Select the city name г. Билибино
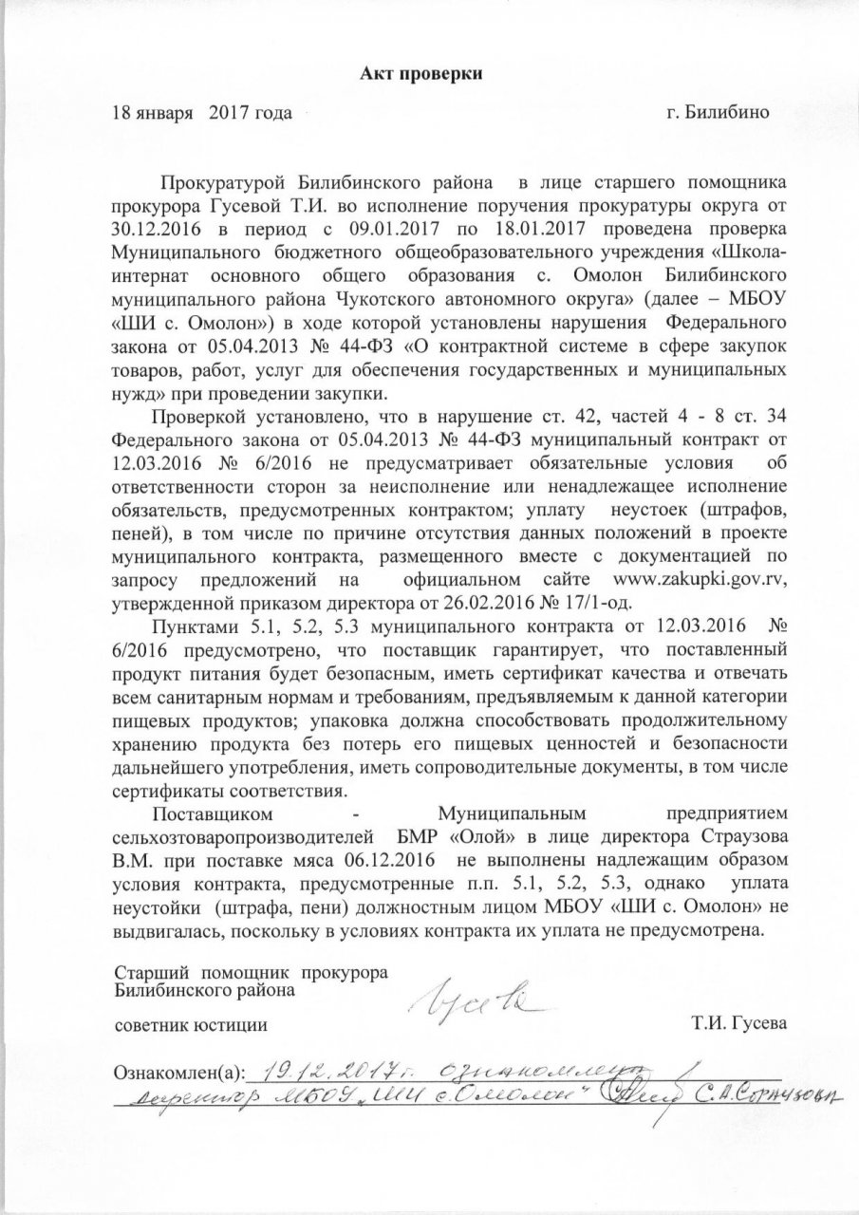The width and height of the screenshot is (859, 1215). tap(718, 113)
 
